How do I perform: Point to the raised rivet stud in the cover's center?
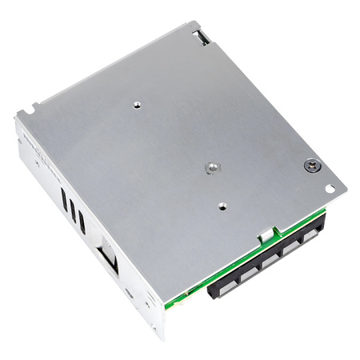(211, 167)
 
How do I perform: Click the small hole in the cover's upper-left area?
(138, 104)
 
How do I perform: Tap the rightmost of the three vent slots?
(82, 217)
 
